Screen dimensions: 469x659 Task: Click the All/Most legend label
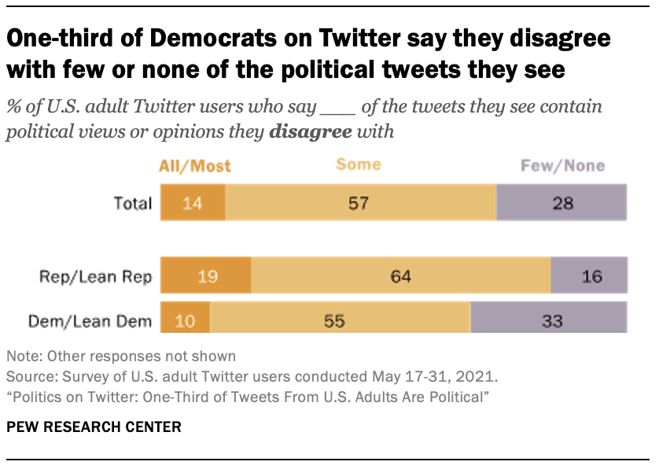pyautogui.click(x=195, y=165)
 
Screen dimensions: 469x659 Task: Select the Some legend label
pyautogui.click(x=358, y=164)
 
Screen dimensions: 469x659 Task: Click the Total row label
pyautogui.click(x=131, y=203)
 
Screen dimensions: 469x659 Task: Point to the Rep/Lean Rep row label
pyautogui.click(x=96, y=276)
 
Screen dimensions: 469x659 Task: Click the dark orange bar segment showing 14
pyautogui.click(x=193, y=203)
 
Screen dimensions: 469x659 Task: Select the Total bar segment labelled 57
pyautogui.click(x=361, y=203)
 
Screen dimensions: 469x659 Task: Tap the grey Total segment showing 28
pyautogui.click(x=561, y=203)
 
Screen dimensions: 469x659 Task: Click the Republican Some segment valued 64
pyautogui.click(x=401, y=276)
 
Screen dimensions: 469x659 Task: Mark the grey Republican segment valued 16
pyautogui.click(x=589, y=276)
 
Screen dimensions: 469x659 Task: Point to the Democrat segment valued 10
pyautogui.click(x=185, y=320)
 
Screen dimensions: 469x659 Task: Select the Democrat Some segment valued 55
pyautogui.click(x=340, y=320)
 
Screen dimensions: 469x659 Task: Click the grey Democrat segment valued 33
pyautogui.click(x=548, y=320)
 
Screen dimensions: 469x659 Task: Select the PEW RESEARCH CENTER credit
pyautogui.click(x=94, y=427)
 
